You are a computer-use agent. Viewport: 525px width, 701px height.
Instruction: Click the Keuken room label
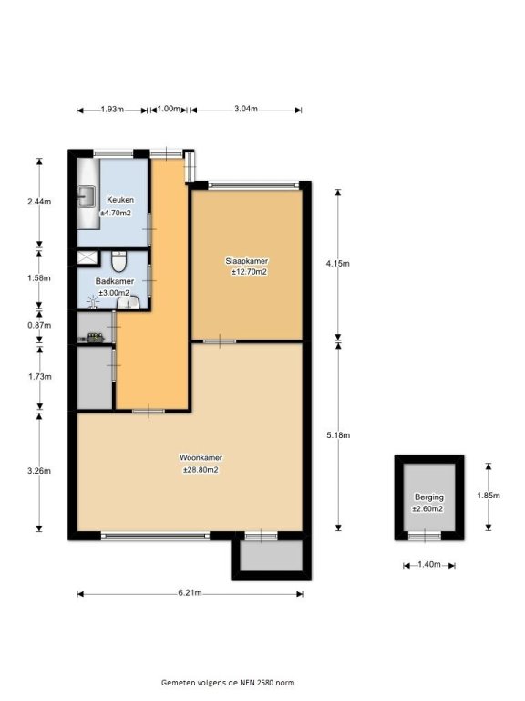point(120,200)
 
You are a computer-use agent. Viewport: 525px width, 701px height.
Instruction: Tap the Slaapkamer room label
point(246,261)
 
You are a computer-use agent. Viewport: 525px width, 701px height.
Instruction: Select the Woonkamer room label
point(201,458)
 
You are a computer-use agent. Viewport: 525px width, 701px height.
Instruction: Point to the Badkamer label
point(115,281)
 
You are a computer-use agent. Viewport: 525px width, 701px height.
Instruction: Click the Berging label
point(429,497)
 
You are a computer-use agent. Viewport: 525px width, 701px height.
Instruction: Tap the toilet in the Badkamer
point(118,262)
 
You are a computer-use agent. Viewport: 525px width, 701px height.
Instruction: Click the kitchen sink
point(87,196)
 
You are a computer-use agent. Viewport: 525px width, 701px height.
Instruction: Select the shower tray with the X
point(87,257)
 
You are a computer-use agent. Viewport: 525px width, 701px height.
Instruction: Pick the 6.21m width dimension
point(190,593)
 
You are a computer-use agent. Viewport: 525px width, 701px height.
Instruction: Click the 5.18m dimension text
point(338,435)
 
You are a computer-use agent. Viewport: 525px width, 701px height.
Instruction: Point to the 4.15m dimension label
point(337,263)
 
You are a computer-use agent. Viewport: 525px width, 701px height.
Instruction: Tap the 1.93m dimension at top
point(112,110)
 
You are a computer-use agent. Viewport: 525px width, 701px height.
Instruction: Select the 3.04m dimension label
point(246,109)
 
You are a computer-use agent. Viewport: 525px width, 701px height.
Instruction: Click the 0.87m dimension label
point(39,325)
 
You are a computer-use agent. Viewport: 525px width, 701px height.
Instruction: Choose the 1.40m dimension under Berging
point(429,565)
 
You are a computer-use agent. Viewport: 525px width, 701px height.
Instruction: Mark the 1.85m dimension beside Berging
point(489,496)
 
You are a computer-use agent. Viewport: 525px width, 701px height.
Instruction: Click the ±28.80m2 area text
point(201,470)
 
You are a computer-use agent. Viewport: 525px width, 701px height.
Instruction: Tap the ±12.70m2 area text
point(249,272)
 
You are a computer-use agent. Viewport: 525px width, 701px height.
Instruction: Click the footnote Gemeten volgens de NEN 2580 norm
point(228,682)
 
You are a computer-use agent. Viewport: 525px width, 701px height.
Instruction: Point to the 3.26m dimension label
point(39,471)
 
